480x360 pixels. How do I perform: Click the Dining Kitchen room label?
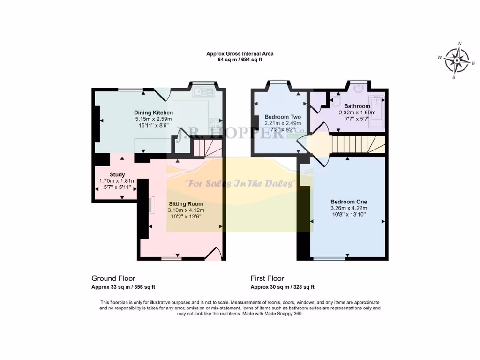[153, 112]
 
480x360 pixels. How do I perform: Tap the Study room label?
[117, 174]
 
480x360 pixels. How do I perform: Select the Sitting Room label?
[186, 204]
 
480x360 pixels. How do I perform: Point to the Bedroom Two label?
[283, 117]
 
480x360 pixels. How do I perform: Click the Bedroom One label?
[348, 202]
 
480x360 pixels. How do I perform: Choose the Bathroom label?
[357, 106]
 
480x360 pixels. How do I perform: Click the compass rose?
[457, 60]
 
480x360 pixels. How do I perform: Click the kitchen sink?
[202, 91]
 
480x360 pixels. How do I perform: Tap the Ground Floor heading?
[113, 278]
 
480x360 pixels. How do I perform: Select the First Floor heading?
[267, 278]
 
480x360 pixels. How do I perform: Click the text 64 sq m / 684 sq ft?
[240, 60]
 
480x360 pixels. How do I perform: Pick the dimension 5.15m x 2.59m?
[153, 120]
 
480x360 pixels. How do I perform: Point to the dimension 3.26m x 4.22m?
[348, 208]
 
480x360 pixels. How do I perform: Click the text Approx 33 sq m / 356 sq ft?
[123, 287]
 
